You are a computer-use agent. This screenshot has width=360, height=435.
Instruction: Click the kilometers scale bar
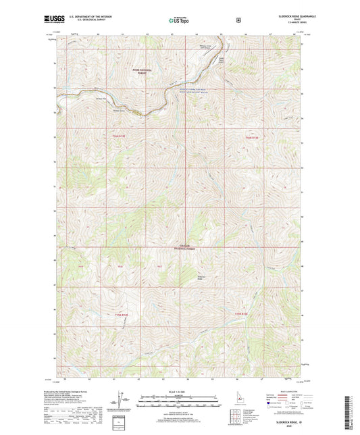(179, 397)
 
